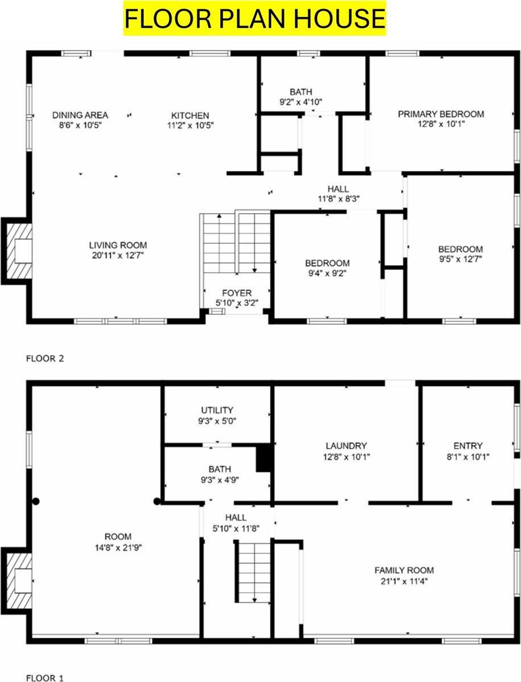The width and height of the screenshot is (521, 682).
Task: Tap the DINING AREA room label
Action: point(80,115)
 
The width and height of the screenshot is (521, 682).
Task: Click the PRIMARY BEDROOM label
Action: point(441,114)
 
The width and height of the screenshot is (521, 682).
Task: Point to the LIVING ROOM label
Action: point(118,245)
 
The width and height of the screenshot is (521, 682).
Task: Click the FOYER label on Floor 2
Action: point(237,293)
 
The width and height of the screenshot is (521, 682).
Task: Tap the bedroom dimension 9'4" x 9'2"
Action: point(327,273)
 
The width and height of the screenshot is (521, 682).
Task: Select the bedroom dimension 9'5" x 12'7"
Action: point(460,259)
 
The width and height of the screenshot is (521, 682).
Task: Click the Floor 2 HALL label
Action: point(338,189)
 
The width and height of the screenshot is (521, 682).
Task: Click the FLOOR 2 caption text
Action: point(45,359)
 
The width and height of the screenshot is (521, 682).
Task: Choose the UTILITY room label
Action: point(217,410)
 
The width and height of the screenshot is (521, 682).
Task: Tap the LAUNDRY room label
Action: point(346,446)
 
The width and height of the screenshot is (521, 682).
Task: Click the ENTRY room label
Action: point(468,446)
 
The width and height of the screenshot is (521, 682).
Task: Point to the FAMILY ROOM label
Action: point(404,569)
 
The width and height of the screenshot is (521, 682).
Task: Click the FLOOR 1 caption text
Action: point(45,677)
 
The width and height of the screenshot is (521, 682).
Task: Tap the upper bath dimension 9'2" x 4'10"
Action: point(300,102)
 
